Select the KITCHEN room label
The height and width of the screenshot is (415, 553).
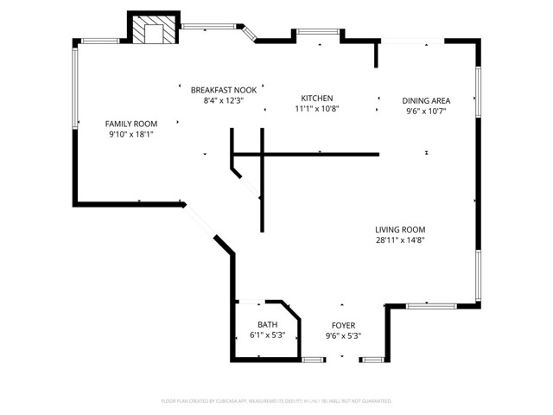[316, 99]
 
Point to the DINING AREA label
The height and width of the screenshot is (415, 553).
[426, 100]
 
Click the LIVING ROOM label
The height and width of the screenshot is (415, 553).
[400, 229]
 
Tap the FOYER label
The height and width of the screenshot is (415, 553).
[343, 325]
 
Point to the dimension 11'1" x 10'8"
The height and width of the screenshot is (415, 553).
[316, 109]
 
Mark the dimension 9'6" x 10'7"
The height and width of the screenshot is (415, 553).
[426, 111]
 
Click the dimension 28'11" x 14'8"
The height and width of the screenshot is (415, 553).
[400, 240]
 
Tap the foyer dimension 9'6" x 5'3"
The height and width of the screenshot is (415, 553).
[343, 335]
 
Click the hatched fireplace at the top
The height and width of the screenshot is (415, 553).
[154, 31]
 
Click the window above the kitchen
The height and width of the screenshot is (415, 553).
[317, 33]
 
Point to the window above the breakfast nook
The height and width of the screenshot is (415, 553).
[210, 26]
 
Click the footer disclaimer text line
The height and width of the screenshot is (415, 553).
[276, 401]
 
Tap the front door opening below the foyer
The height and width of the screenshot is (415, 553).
[343, 358]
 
